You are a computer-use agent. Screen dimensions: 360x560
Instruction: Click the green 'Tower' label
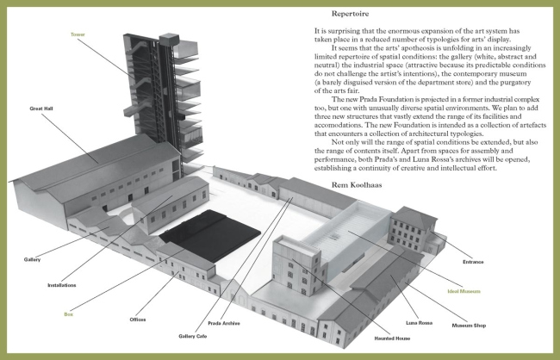point(78,34)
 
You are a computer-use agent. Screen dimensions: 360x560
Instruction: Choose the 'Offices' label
point(137,320)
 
